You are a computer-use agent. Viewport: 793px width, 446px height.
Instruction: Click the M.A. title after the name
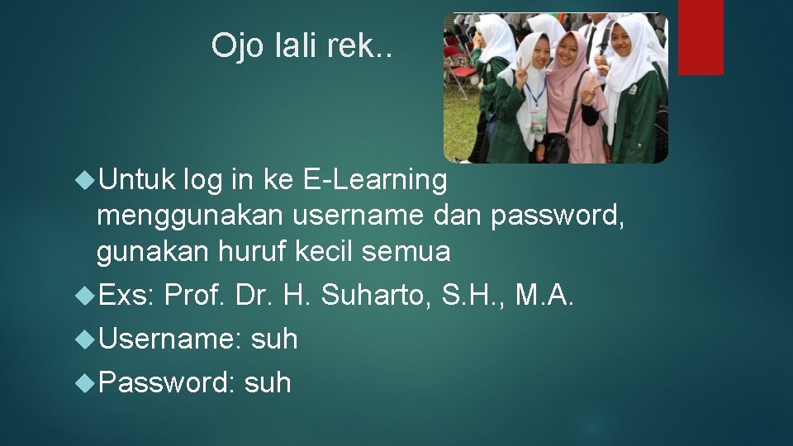point(544,295)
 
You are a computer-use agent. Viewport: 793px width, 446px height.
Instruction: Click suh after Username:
point(274,339)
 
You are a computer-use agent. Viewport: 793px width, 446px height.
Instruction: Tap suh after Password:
point(268,382)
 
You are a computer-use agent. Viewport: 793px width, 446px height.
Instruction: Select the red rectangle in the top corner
point(700,37)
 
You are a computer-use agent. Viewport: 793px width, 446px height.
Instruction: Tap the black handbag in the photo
point(555,148)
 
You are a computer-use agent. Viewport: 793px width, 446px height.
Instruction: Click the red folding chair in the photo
point(458,62)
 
